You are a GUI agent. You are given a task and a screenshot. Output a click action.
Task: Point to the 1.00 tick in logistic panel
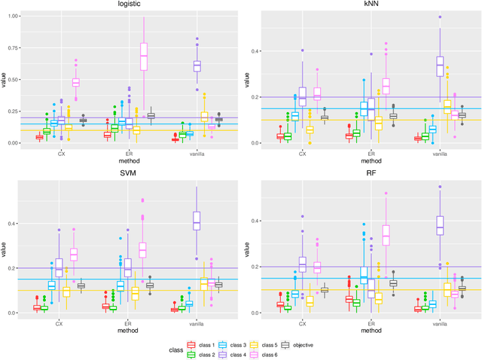[14, 16]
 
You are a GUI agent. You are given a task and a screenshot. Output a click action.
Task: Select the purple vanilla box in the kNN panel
[419, 66]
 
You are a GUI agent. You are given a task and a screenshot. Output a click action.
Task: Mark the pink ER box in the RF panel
[386, 235]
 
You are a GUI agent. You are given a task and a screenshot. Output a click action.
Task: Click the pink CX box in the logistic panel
[75, 82]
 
